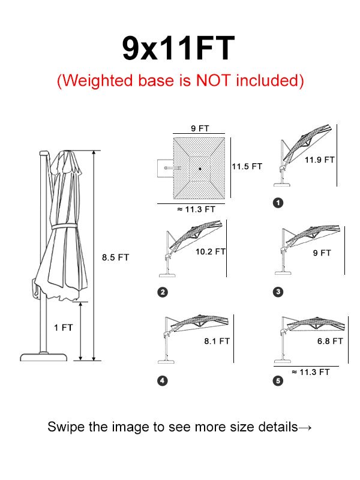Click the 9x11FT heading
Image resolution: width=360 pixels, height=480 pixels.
pos(178,49)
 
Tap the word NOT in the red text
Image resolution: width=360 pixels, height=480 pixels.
pos(213,80)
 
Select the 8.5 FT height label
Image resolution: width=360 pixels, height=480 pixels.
pos(115,257)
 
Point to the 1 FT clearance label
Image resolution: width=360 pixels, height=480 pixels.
pos(64,328)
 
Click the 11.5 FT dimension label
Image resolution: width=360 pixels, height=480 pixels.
pos(247,167)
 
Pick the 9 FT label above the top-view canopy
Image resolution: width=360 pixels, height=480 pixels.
pos(200,128)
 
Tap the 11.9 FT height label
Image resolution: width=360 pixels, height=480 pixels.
pos(320,160)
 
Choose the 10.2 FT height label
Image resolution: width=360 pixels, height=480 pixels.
pos(211,251)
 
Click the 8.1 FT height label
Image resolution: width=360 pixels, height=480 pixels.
pos(217,341)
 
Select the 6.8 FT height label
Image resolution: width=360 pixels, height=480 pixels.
pos(330,341)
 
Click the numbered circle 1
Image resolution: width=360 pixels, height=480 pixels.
pos(278,203)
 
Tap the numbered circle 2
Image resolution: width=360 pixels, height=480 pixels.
pos(163,292)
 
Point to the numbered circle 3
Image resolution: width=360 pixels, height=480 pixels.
pos(278,292)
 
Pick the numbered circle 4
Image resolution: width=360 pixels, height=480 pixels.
pos(163,381)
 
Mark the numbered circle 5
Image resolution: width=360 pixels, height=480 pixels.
pos(278,381)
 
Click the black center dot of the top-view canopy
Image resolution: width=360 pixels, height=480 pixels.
pos(200,169)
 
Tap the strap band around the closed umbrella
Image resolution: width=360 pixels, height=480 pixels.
pos(64,227)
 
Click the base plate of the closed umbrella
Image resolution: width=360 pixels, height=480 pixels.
pos(43,357)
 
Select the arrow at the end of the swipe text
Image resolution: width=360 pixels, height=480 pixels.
pos(305,427)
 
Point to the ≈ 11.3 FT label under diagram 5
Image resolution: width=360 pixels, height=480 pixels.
pos(311,372)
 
